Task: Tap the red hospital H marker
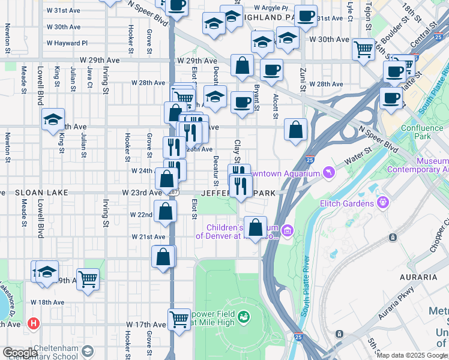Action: click(x=34, y=323)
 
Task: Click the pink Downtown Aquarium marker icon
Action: click(x=328, y=173)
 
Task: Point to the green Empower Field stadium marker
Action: click(x=244, y=316)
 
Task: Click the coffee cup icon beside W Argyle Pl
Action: click(x=306, y=16)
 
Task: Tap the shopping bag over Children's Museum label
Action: click(x=255, y=227)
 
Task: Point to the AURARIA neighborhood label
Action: click(x=418, y=277)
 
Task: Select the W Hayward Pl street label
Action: click(x=68, y=43)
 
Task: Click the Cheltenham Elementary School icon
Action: click(x=88, y=352)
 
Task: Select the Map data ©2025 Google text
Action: click(x=412, y=355)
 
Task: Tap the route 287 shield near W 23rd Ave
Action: click(x=173, y=193)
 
